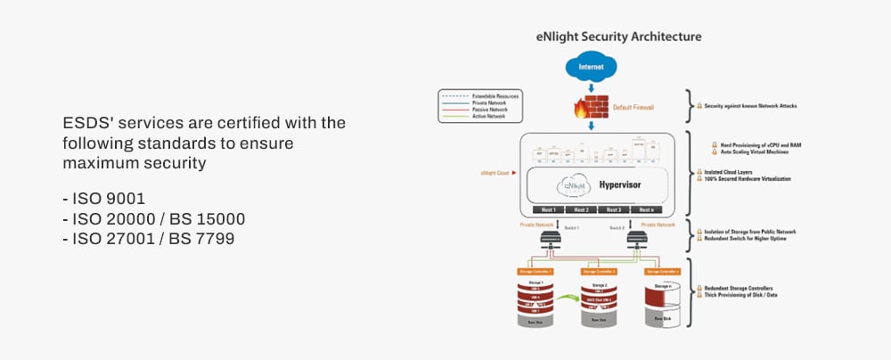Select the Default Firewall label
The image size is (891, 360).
[634, 108]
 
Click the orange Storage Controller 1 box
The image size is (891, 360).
[535, 271]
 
